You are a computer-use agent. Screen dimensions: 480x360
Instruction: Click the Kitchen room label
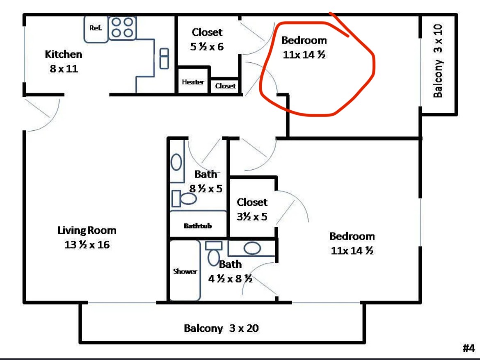click(64, 54)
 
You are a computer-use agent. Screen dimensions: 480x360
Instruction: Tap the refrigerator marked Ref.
click(96, 29)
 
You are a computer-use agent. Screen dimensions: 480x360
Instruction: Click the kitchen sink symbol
click(165, 58)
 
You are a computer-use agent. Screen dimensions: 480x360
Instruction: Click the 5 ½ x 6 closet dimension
click(207, 46)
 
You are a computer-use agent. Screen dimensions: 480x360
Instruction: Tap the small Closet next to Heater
click(225, 86)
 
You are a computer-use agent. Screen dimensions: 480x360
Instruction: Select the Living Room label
click(87, 230)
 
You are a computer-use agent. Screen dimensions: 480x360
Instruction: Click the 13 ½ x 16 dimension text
click(87, 244)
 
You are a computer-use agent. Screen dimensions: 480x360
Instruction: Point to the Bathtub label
click(198, 226)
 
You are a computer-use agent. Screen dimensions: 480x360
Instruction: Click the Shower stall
click(185, 270)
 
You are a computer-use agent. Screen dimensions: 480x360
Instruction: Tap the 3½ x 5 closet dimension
click(252, 216)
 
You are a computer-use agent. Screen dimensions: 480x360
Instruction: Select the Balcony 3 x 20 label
click(221, 328)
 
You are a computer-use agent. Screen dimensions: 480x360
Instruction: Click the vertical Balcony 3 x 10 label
click(438, 61)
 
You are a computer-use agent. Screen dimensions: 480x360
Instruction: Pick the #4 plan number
click(469, 348)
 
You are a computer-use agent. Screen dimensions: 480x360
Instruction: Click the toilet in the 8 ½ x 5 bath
click(184, 198)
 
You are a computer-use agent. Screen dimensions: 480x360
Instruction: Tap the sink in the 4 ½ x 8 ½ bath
click(252, 248)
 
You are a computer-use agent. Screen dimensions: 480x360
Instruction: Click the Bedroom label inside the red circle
click(304, 40)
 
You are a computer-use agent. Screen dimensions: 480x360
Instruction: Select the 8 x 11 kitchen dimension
click(64, 68)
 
